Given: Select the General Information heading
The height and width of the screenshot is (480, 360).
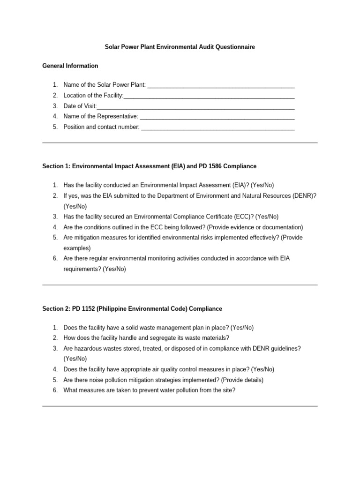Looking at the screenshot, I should (x=70, y=66).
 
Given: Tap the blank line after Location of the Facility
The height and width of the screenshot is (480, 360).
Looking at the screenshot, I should (x=209, y=96).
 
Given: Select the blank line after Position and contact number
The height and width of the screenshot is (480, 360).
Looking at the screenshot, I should (x=217, y=127).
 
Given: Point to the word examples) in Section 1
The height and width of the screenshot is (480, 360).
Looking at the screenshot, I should (x=77, y=248).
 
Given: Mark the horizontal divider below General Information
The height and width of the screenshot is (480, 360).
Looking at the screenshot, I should (x=180, y=143).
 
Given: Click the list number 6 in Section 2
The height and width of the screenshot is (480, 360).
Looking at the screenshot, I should (x=55, y=390).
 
